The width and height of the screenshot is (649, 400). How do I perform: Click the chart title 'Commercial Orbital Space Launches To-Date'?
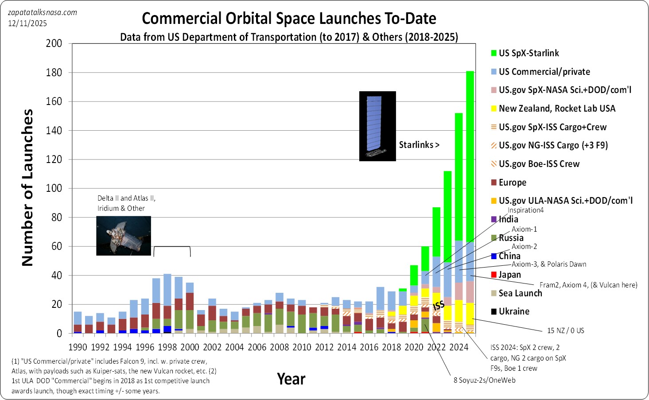[x=289, y=19]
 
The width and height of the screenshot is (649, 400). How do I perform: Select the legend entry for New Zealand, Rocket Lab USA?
[x=556, y=109]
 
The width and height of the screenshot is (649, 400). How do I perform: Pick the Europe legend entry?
[x=512, y=183]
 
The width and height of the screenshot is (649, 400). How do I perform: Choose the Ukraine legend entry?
[x=513, y=311]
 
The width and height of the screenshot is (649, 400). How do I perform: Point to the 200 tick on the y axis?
[x=54, y=43]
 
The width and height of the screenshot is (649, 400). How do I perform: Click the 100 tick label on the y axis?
[x=54, y=188]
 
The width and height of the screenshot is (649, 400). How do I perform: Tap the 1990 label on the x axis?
[x=78, y=347]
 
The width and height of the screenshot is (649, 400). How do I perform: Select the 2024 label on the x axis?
[x=459, y=347]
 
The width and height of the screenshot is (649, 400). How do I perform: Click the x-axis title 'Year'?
[x=291, y=379]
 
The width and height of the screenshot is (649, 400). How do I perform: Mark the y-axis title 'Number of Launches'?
[x=27, y=188]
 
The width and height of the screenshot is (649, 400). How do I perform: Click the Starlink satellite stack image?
[x=377, y=126]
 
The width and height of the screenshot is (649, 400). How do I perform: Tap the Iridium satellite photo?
[x=124, y=236]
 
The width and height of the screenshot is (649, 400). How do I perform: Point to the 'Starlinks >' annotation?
[x=419, y=145]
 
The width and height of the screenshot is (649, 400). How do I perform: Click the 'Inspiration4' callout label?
[x=525, y=210]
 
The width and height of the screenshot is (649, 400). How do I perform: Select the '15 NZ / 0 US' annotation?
[x=565, y=330]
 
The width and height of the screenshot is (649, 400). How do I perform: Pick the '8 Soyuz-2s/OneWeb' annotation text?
[x=484, y=380]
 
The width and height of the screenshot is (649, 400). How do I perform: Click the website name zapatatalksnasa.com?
[x=43, y=12]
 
